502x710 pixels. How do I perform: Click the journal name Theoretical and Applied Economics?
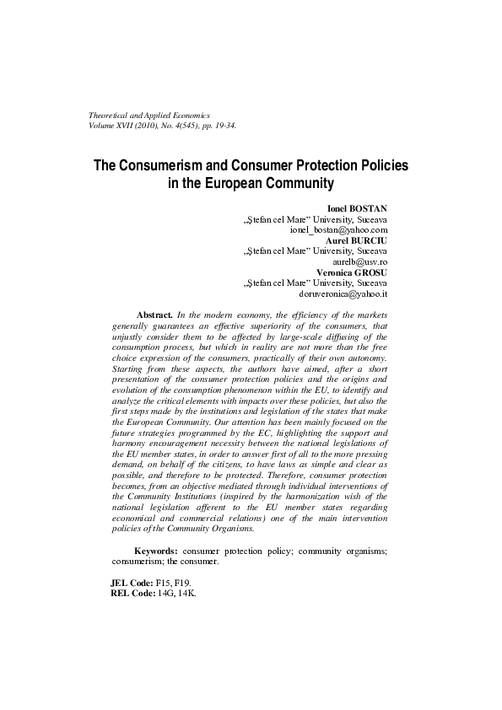point(149,114)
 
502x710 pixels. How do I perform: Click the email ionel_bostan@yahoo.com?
point(337,229)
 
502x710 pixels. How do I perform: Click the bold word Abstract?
point(154,313)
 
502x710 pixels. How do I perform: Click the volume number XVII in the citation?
point(133,125)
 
